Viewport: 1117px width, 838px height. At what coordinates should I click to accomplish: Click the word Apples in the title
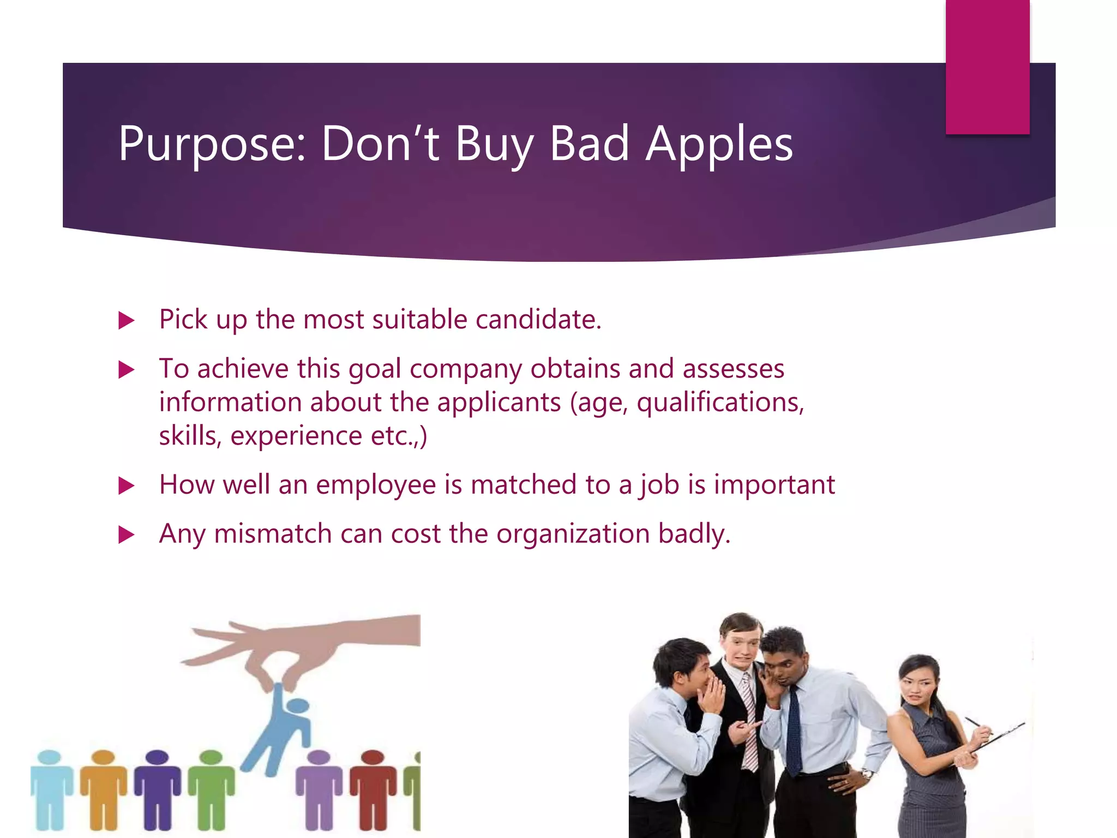719,144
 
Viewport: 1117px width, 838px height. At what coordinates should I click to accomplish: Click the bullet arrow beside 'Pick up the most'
126,320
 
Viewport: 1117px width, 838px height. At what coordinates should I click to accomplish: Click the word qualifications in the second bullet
720,403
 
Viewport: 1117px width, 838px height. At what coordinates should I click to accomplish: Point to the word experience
296,436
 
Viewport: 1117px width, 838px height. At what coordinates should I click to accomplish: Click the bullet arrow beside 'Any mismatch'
126,534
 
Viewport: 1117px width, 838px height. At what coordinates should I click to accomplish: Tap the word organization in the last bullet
573,534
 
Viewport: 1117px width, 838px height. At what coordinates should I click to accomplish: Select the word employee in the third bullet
376,484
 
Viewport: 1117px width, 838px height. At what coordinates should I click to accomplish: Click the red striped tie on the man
750,720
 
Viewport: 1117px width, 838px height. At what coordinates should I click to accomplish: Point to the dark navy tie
794,731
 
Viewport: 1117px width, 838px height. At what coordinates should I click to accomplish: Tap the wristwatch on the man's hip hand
867,773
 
